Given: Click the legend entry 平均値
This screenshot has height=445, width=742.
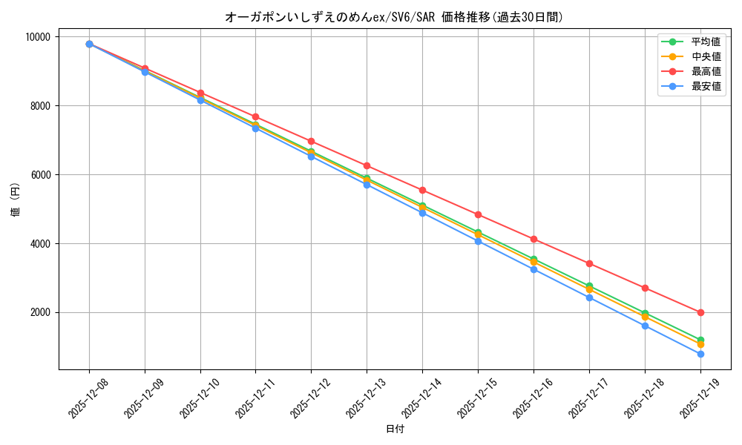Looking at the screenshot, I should tap(706, 42).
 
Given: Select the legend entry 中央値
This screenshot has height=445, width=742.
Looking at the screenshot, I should tap(706, 56).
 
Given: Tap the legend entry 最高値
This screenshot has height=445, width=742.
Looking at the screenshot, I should tap(706, 71).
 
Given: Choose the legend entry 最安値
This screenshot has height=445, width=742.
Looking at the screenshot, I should tap(706, 86).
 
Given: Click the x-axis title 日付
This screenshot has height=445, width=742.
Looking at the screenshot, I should tap(395, 429).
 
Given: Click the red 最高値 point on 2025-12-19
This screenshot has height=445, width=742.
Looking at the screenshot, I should tap(700, 312).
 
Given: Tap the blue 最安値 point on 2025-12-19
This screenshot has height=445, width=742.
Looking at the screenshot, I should tap(700, 354).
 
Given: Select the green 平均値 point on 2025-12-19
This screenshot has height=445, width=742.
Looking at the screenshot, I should tap(700, 340).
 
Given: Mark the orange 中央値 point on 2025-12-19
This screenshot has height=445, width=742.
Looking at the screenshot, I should tap(700, 344).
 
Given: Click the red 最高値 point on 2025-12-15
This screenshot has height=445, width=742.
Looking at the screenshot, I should tap(478, 214).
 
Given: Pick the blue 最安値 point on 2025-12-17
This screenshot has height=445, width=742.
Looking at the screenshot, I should tap(589, 297).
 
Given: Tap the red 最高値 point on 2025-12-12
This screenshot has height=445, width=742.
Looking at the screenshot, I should tap(311, 141).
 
